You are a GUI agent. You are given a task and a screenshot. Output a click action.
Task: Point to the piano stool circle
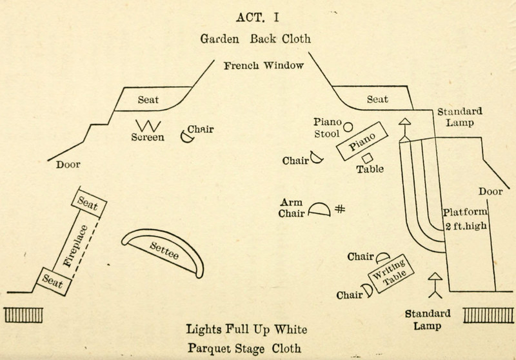(348, 127)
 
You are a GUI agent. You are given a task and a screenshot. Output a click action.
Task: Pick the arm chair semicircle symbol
(319, 210)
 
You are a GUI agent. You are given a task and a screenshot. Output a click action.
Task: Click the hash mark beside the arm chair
(340, 209)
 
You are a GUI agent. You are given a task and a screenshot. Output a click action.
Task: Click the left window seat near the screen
(148, 100)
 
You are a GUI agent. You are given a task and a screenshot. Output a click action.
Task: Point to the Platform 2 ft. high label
(466, 218)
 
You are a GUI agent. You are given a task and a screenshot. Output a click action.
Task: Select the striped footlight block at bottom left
(25, 315)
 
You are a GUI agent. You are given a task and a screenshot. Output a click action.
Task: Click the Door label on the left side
(68, 165)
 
